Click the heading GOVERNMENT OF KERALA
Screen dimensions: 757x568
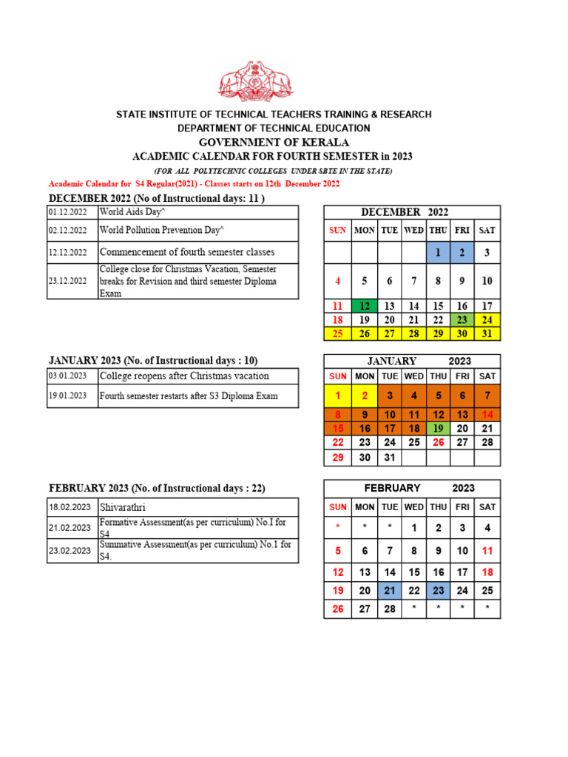(x=274, y=142)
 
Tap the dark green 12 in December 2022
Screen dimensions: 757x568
(x=364, y=306)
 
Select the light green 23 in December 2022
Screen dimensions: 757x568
(x=462, y=320)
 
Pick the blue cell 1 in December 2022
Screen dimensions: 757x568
(x=438, y=253)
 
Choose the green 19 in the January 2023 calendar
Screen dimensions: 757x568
(x=438, y=428)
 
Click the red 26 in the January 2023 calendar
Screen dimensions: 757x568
(x=438, y=442)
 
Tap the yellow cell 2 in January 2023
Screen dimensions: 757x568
(x=364, y=396)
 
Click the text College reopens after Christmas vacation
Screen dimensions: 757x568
(x=184, y=376)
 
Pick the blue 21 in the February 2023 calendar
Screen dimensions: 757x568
(x=390, y=591)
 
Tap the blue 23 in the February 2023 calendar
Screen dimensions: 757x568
(x=438, y=591)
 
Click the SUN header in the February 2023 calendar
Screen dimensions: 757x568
(x=338, y=507)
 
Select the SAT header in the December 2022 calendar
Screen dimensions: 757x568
(x=487, y=230)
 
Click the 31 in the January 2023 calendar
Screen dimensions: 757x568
(x=390, y=458)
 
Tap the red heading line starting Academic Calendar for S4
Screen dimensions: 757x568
(x=194, y=183)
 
